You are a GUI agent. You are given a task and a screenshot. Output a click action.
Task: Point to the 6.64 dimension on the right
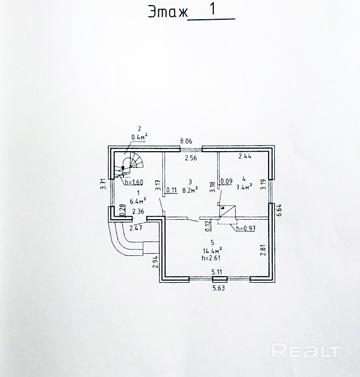coord(279,210)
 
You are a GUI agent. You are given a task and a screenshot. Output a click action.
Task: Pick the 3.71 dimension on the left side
coord(103,184)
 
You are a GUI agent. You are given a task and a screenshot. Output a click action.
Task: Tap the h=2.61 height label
coord(211,258)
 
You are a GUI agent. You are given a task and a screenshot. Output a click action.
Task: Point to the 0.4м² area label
coord(139,136)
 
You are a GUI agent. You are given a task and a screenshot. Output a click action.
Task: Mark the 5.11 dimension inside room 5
coord(217,272)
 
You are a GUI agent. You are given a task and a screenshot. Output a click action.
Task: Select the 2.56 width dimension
coord(190,158)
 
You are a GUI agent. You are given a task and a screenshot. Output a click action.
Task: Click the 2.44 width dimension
coord(245,157)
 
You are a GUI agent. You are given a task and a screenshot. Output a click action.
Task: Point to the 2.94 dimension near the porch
coord(156,261)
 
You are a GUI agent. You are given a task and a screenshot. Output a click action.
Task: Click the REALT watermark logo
coord(306,351)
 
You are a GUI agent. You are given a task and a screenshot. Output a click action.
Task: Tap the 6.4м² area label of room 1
coord(138,199)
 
